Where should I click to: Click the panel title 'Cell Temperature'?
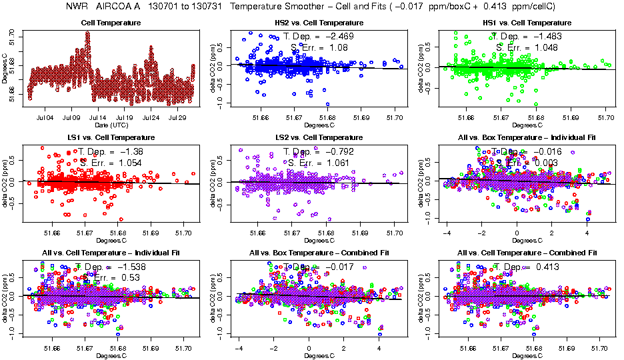[111, 23]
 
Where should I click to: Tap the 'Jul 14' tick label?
[98, 117]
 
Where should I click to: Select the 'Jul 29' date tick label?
[178, 117]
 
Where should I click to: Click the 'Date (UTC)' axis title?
[111, 125]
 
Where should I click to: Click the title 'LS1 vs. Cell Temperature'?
[111, 137]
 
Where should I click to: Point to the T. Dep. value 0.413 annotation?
[545, 267]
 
